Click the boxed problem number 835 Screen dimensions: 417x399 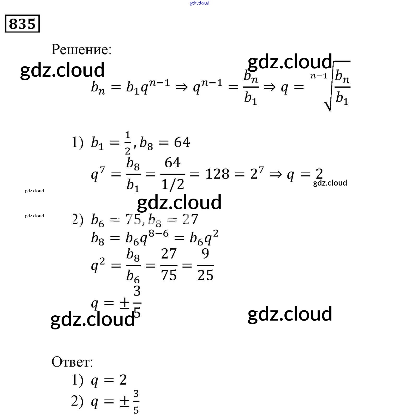22,23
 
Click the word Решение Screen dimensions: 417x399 81,49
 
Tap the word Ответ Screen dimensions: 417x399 72,362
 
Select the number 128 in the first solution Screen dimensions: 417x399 217,174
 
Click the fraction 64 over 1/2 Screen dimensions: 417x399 172,174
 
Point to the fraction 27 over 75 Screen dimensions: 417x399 169,265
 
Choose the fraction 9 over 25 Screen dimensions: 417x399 205,265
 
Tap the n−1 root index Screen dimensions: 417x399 319,76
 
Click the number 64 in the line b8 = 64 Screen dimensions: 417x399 182,143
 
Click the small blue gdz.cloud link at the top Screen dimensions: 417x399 199,3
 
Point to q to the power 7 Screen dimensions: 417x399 98,174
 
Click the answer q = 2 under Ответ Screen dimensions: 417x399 109,380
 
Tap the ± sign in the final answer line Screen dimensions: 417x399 124,402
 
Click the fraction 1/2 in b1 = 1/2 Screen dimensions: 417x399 127,143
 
